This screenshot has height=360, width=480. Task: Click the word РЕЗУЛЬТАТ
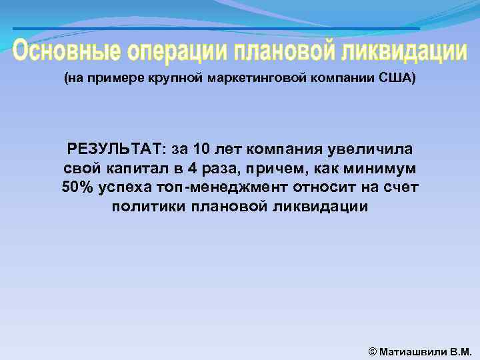tap(115, 148)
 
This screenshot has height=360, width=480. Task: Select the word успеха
tap(123, 187)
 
